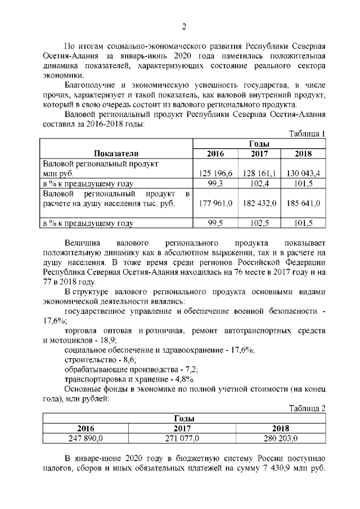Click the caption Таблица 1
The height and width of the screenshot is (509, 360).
pos(307,133)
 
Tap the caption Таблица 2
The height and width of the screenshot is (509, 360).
pos(307,408)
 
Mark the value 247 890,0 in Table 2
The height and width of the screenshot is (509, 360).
pos(85,438)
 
